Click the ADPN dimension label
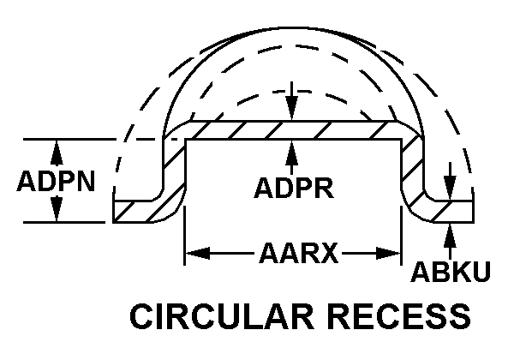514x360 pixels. (x=56, y=182)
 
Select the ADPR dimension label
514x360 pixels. (x=293, y=187)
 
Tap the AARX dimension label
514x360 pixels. (x=293, y=254)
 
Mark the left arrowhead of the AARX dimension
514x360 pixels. (x=194, y=254)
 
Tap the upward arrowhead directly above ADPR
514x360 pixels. (x=293, y=149)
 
